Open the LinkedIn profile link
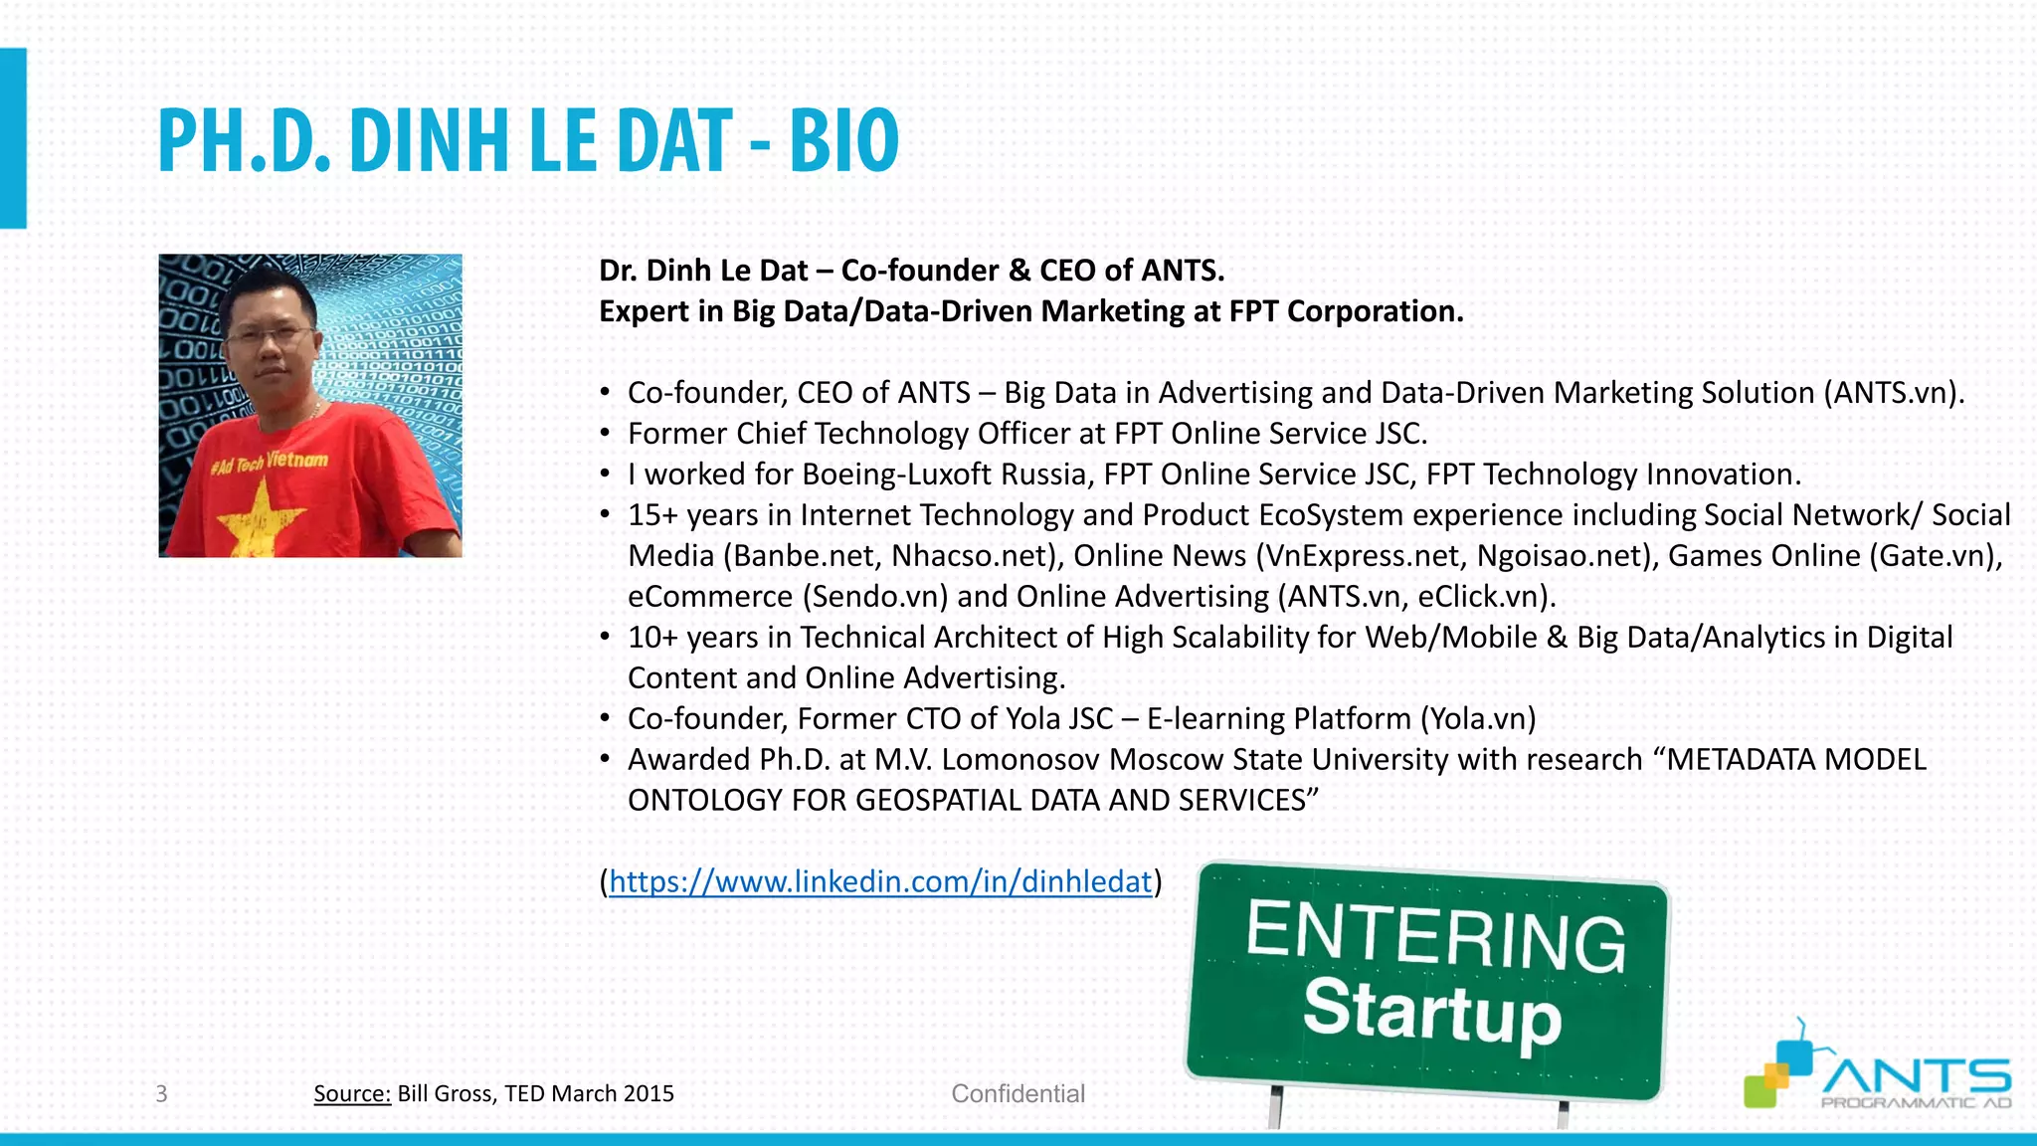[x=879, y=881]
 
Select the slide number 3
[x=161, y=1094]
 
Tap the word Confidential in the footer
[x=1018, y=1094]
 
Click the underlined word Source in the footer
[x=351, y=1094]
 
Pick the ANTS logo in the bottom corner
[x=1878, y=1076]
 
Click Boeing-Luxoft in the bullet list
[x=897, y=475]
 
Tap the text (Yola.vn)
[x=1478, y=719]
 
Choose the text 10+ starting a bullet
[x=652, y=638]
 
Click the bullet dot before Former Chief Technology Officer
[x=605, y=434]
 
